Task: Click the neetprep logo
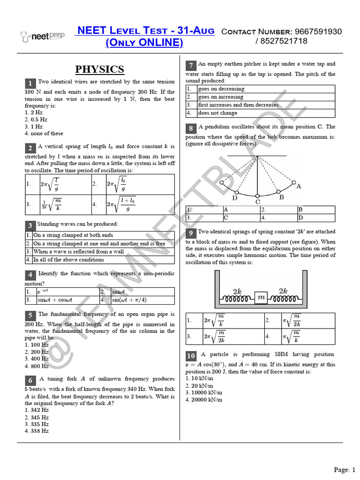(x=42, y=36)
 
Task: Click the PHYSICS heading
(x=99, y=69)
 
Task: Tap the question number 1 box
(x=30, y=83)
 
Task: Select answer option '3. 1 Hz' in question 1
(x=33, y=127)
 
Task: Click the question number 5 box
(x=30, y=315)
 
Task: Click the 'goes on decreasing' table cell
(x=221, y=89)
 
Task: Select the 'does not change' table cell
(x=217, y=113)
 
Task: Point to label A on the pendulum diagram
(x=299, y=186)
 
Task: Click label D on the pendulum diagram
(x=235, y=198)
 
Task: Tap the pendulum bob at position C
(x=257, y=195)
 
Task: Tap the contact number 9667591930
(x=318, y=31)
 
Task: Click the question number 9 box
(x=191, y=233)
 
